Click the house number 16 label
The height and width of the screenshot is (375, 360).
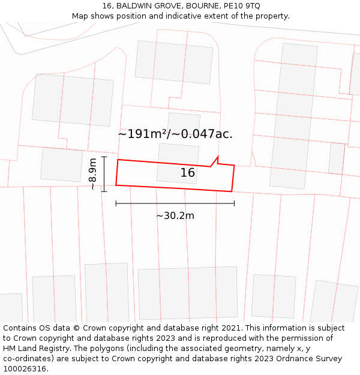[x=188, y=173]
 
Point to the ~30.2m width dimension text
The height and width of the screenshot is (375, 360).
[x=175, y=216]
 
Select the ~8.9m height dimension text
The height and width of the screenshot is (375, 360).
[x=92, y=174]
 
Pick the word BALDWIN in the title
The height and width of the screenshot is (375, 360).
[x=136, y=6]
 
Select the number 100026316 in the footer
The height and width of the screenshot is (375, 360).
[x=23, y=369]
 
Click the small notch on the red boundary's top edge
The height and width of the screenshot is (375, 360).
[x=215, y=161]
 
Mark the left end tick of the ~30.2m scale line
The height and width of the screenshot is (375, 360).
[x=116, y=203]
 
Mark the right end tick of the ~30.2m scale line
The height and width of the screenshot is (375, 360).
[x=234, y=203]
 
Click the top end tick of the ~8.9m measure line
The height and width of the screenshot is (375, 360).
[x=104, y=157]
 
